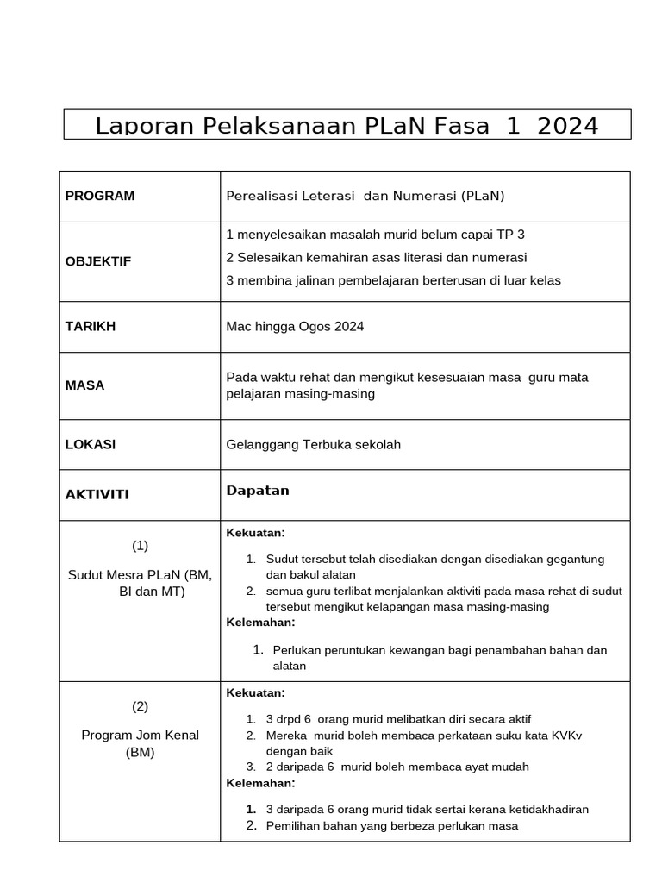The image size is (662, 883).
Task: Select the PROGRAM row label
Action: [x=100, y=196]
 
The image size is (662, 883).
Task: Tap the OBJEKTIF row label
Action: [x=98, y=261]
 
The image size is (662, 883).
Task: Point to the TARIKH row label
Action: [x=91, y=326]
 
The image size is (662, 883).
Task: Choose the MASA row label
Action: [x=84, y=385]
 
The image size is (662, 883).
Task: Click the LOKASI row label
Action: [x=91, y=444]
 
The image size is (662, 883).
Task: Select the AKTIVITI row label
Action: [x=97, y=494]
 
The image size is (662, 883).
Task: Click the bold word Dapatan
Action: [x=257, y=491]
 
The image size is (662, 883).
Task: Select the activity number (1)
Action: [x=140, y=545]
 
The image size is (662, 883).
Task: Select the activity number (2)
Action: [x=140, y=706]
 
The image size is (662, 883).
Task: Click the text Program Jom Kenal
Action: [x=140, y=735]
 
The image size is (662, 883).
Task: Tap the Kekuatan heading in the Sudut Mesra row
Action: [x=255, y=532]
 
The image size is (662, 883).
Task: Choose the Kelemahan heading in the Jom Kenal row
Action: [x=260, y=783]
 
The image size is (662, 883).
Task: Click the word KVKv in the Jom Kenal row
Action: [x=557, y=735]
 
